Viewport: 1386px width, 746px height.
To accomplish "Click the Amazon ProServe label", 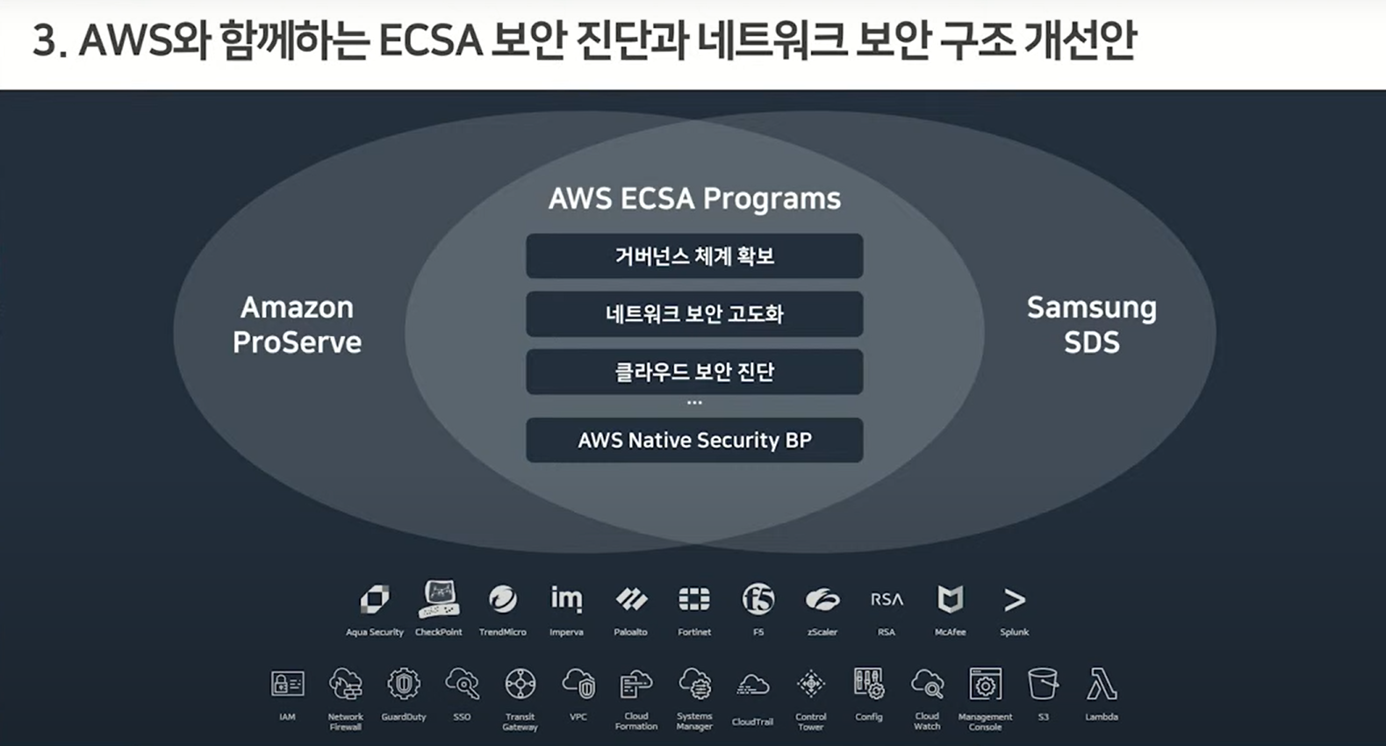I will (297, 325).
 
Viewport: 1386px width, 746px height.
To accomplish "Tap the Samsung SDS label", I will (1091, 325).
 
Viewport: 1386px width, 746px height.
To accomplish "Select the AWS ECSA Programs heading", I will (694, 198).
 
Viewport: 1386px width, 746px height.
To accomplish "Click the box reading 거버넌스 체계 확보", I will (694, 256).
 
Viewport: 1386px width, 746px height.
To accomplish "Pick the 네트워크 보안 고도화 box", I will (694, 314).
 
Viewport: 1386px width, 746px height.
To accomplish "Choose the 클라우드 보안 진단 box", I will (694, 372).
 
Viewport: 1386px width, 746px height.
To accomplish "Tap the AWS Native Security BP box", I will (694, 440).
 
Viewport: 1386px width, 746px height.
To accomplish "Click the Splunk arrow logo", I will (1014, 600).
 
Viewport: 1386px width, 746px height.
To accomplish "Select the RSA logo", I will (887, 599).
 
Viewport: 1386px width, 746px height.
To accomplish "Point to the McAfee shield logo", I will (950, 599).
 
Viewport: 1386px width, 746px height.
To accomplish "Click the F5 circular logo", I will (758, 599).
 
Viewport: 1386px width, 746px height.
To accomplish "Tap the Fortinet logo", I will (694, 599).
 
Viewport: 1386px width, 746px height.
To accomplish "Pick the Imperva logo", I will (566, 599).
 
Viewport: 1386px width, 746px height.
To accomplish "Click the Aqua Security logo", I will (375, 599).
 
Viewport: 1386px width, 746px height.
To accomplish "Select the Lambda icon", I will (1101, 685).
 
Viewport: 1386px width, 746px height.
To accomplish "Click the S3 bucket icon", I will (1043, 684).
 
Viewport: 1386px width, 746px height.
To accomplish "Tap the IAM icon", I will (287, 684).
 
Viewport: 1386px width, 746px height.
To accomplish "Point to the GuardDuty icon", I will (404, 684).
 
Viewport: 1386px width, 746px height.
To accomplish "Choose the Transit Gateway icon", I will (520, 684).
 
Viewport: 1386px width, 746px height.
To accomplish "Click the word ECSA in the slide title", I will (430, 40).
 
